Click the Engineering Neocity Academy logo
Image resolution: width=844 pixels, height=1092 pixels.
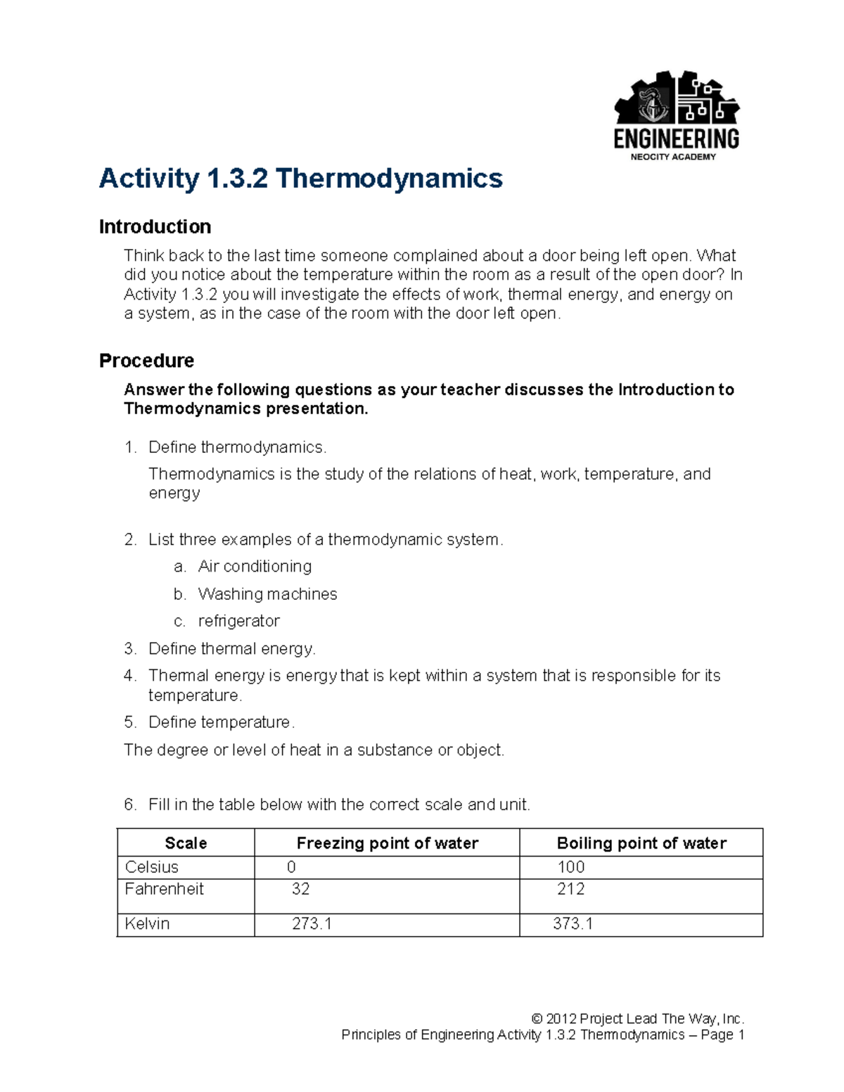pos(676,115)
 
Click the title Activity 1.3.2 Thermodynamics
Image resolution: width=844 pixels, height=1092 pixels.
pos(300,179)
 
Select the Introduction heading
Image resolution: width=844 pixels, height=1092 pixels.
pos(155,227)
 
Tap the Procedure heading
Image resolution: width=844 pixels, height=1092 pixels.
pos(146,361)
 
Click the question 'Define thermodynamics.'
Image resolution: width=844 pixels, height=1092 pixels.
pos(237,448)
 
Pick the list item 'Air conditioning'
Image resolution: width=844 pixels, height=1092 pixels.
pos(255,567)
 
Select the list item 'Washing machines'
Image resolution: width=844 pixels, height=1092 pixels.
pos(267,594)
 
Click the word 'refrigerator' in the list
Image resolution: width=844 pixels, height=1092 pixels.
pos(238,622)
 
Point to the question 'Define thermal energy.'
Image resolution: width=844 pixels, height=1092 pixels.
pos(231,649)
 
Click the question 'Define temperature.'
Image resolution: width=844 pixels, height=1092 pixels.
pos(221,723)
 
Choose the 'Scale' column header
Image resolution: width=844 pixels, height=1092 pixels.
pos(186,843)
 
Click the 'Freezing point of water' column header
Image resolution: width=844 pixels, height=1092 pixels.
pos(387,843)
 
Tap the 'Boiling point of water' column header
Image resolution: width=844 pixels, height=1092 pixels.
pos(641,843)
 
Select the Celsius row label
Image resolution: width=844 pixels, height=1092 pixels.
pos(151,867)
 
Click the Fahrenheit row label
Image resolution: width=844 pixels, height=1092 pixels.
pos(164,889)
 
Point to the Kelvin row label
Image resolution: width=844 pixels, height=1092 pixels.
pos(147,924)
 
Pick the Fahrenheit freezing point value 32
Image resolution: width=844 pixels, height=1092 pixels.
pos(300,889)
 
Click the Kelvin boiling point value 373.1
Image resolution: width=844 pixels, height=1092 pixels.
pos(573,924)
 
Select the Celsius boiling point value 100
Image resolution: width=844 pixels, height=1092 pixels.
pos(570,867)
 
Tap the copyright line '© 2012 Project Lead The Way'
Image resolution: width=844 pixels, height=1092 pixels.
pos(637,1019)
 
